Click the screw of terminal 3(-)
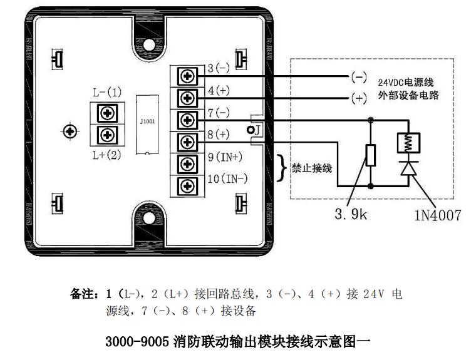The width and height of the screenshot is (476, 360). [x=187, y=76]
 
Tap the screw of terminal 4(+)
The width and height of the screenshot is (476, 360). [x=187, y=98]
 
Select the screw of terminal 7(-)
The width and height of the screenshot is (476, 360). [x=187, y=120]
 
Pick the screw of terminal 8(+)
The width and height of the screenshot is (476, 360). [x=187, y=142]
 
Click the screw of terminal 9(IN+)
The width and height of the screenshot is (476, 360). [x=187, y=164]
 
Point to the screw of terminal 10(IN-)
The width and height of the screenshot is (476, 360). [x=187, y=186]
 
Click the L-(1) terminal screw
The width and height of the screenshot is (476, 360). [x=107, y=113]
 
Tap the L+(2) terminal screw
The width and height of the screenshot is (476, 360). [x=107, y=135]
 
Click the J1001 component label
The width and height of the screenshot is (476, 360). [x=148, y=121]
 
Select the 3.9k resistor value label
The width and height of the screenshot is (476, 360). [x=351, y=214]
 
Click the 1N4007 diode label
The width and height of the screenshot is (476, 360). [x=437, y=215]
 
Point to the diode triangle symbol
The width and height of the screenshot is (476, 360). [x=408, y=168]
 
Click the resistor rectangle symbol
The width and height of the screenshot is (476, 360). [x=370, y=155]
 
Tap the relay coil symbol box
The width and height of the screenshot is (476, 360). [x=408, y=143]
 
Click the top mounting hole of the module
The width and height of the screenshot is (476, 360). [x=149, y=44]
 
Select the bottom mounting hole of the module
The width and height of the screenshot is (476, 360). [x=149, y=218]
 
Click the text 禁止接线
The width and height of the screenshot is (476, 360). [x=312, y=168]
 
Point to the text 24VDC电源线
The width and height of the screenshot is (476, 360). [x=406, y=82]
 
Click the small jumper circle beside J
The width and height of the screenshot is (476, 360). [x=251, y=130]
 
